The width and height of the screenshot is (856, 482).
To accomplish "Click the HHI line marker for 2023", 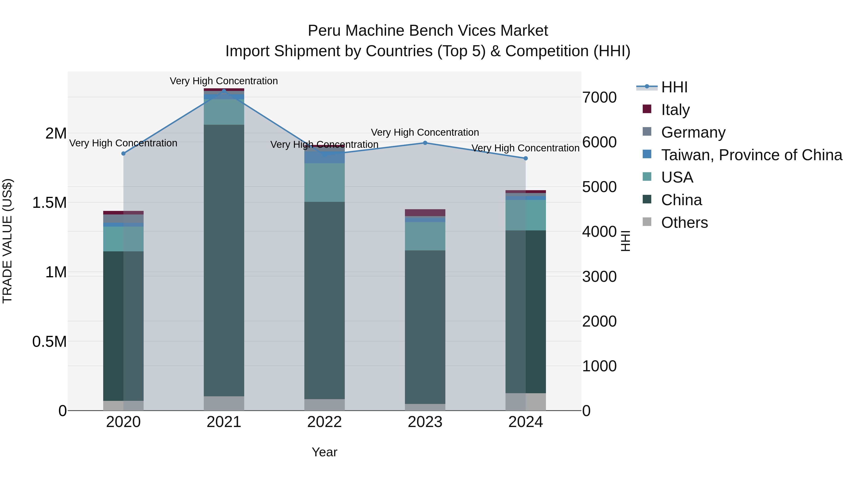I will coord(425,143).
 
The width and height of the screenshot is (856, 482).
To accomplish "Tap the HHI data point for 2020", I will coord(123,153).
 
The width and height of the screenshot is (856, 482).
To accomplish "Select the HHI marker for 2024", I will coord(526,158).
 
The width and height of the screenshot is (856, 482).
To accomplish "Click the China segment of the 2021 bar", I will coord(224,259).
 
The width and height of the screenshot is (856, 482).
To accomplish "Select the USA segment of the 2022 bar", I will coord(325,182).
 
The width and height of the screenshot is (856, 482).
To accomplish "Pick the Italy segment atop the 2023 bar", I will coord(425,213).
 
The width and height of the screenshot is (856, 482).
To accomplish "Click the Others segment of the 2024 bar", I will coord(526,402).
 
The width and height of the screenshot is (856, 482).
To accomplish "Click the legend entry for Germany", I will coord(693,132).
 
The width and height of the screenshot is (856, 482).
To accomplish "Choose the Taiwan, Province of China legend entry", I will coord(752,155).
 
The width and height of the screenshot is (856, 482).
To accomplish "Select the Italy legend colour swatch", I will coord(647,109).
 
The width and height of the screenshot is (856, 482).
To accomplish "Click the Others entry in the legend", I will coord(685,223).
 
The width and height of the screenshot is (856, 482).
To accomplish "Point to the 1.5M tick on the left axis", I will coord(49,203).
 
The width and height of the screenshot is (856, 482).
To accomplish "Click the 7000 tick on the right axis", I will coord(599,97).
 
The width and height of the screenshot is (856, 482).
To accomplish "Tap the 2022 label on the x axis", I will coord(325,422).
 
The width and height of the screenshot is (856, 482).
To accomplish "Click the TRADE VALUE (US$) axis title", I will coord(8,241).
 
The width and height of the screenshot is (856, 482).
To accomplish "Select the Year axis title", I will coord(324,452).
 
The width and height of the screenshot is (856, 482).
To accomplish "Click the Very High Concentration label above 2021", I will coord(224,81).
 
